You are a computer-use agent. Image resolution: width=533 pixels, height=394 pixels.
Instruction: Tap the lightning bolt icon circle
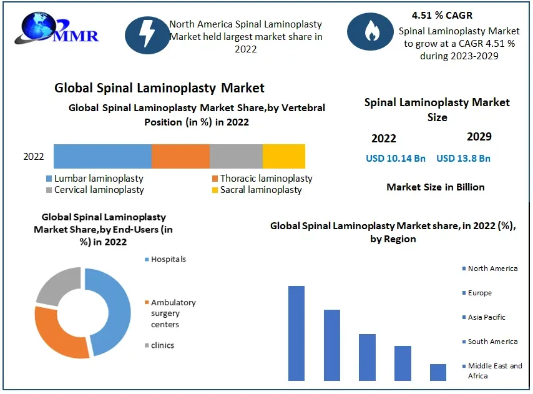pyautogui.click(x=145, y=34)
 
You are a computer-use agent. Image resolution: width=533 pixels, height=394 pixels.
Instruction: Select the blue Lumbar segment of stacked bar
pyautogui.click(x=102, y=156)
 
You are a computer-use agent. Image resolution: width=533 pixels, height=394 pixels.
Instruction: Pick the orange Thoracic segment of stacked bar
pyautogui.click(x=180, y=156)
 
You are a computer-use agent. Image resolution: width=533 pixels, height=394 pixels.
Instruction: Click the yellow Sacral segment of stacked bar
pyautogui.click(x=283, y=156)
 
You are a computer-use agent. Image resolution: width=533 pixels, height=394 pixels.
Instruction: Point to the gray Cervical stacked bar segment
pyautogui.click(x=236, y=156)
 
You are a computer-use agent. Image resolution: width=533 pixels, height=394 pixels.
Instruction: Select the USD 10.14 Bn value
pyautogui.click(x=396, y=159)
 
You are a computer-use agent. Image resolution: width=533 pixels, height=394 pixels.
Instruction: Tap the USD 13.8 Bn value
pyautogui.click(x=463, y=159)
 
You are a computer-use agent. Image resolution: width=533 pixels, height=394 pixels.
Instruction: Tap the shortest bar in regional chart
pyautogui.click(x=438, y=372)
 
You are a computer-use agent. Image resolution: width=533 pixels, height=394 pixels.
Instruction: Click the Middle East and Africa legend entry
pyautogui.click(x=494, y=370)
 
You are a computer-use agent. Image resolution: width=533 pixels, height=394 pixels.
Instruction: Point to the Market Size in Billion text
pyautogui.click(x=436, y=187)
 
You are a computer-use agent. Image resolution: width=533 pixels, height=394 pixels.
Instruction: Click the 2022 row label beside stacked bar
pyautogui.click(x=34, y=157)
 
